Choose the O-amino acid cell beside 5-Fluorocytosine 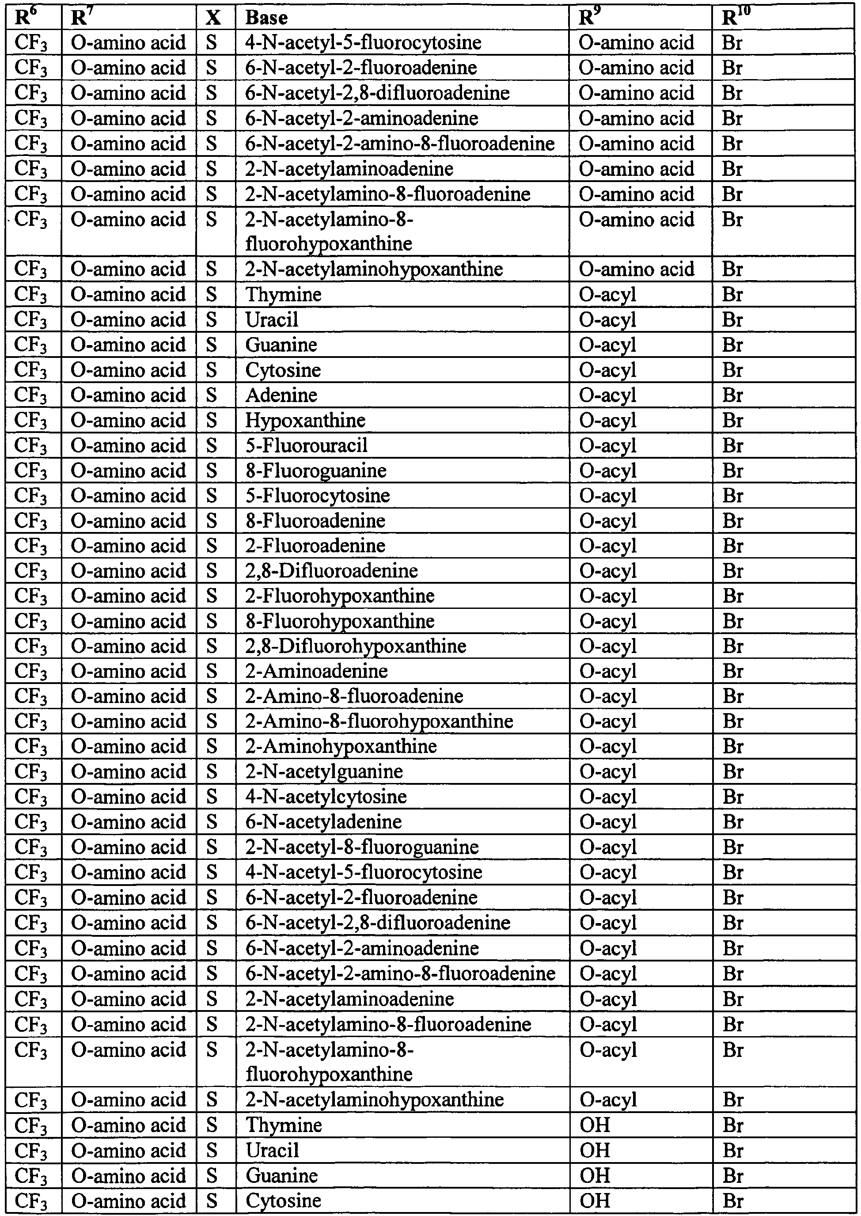(x=128, y=496)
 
